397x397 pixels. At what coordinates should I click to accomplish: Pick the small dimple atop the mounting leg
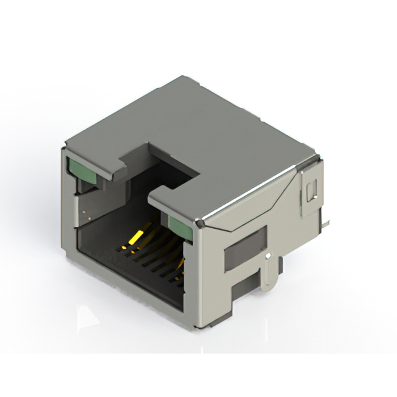pos(267,255)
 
